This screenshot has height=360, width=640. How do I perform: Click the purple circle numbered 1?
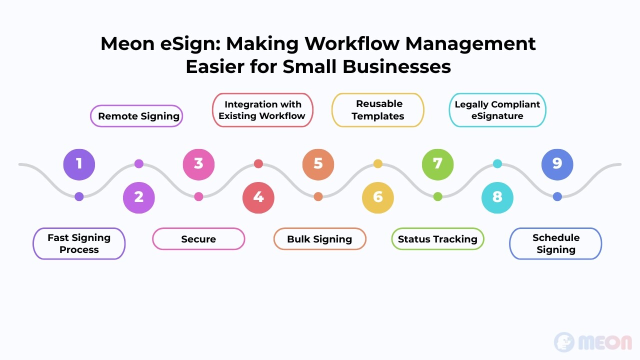tap(79, 164)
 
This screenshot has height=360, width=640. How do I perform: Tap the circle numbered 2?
tap(139, 197)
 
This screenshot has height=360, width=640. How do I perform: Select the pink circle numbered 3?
tap(198, 164)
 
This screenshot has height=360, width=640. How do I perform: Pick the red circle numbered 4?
tap(258, 197)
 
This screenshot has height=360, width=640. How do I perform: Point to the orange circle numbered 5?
tap(318, 164)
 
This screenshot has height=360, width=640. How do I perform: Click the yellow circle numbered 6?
tap(377, 197)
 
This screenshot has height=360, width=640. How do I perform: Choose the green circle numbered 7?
tap(437, 164)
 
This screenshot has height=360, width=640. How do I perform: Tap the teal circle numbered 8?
tap(497, 197)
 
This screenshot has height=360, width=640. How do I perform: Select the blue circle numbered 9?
tap(557, 164)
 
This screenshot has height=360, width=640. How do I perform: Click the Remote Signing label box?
tap(136, 116)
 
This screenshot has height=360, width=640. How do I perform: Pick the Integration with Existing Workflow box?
tap(262, 110)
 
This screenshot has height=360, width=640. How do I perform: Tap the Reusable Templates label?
tap(377, 110)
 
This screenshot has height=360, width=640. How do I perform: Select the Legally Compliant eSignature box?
tap(497, 110)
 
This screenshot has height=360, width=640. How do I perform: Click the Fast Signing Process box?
tap(79, 243)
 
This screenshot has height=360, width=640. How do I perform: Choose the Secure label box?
tap(198, 239)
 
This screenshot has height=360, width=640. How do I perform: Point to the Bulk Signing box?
tap(319, 239)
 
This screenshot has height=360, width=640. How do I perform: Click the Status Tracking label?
tap(437, 239)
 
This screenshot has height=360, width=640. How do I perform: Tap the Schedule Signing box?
tap(555, 243)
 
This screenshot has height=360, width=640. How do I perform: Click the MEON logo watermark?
tap(593, 342)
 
